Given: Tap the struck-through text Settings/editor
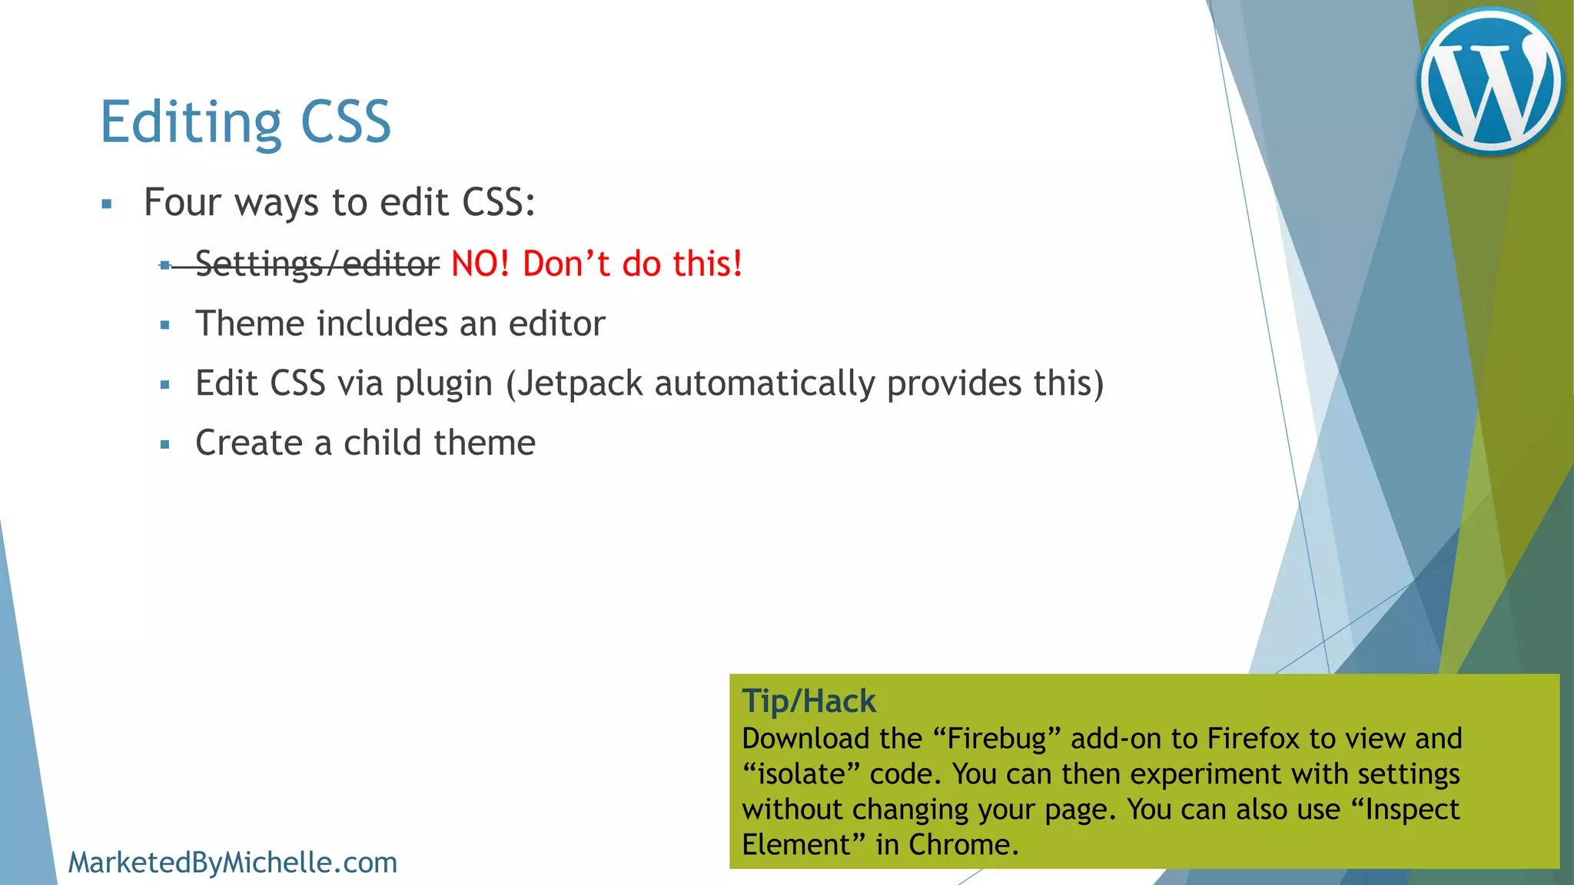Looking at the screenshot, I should (317, 264).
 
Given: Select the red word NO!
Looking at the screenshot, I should (480, 264).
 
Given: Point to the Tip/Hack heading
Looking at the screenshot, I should (809, 701).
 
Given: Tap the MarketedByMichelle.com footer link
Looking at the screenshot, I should (233, 863).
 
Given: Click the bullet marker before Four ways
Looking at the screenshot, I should (107, 204).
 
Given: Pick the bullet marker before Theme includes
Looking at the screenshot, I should (164, 325).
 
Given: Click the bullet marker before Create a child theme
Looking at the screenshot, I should (164, 444).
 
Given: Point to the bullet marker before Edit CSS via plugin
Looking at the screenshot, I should (164, 385).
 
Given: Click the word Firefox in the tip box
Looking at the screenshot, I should (1254, 738).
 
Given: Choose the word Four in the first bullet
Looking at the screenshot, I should (183, 202).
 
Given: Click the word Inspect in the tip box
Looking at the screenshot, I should (1412, 809).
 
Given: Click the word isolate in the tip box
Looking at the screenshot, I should (801, 774).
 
